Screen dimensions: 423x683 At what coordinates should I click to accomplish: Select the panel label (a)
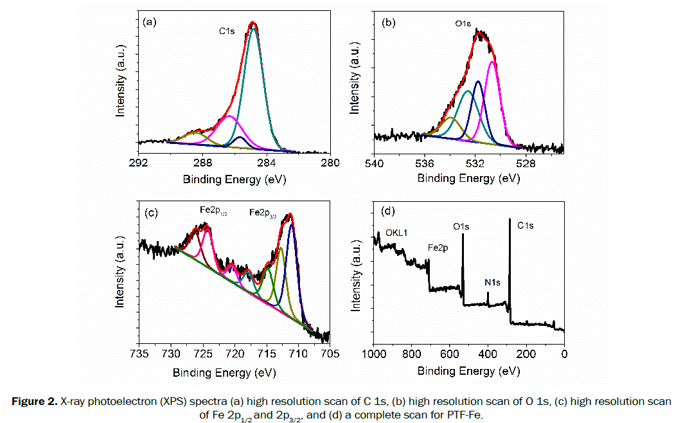(x=150, y=22)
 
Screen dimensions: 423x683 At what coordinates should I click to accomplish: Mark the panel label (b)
(x=388, y=22)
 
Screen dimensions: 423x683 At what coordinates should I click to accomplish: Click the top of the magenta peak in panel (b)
(x=492, y=62)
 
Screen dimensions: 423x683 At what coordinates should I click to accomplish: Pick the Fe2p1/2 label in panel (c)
(x=214, y=211)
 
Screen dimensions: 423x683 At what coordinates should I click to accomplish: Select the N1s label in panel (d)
(x=493, y=282)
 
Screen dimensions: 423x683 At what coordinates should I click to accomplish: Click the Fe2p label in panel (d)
(x=438, y=247)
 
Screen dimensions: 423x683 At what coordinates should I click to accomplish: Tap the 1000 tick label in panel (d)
(x=375, y=354)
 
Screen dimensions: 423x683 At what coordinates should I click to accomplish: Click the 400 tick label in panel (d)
(x=488, y=354)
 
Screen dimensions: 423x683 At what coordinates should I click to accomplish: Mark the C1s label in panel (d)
(x=526, y=226)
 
